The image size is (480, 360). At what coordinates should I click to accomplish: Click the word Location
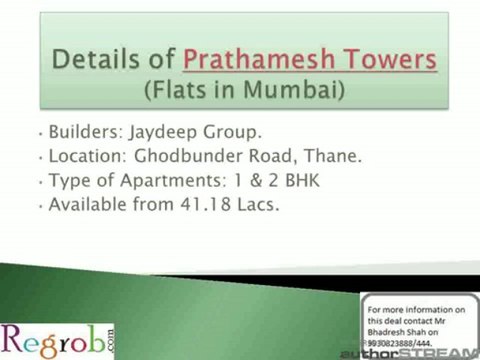86,157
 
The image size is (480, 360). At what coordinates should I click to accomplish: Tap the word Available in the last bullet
87,205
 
